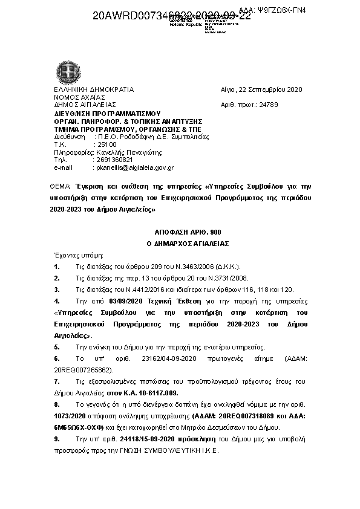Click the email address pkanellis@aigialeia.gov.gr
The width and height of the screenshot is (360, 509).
point(135,167)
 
